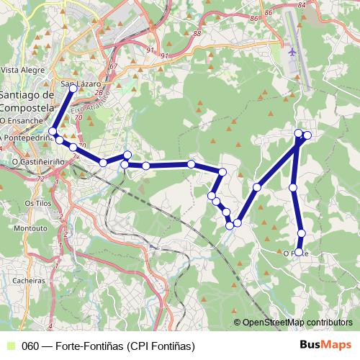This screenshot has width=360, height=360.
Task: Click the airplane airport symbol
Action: [x=292, y=53]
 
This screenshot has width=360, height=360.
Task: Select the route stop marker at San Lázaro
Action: [x=73, y=89]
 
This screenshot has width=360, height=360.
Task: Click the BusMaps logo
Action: [x=326, y=345]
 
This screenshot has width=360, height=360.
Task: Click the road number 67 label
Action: [x=114, y=67]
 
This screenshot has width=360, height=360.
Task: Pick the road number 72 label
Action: [x=40, y=177]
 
